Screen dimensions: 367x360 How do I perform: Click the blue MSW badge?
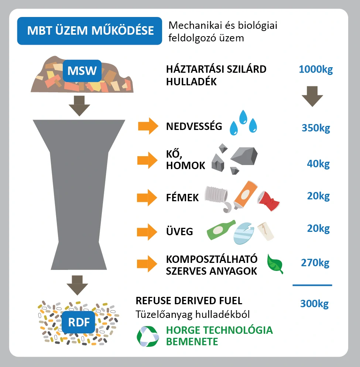pos(82,71)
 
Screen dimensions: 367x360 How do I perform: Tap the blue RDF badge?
pos(79,322)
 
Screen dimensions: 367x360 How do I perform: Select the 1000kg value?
pos(316,69)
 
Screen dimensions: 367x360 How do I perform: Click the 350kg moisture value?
pos(316,128)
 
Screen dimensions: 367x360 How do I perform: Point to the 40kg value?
pos(318,164)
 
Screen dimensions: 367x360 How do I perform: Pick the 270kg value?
pos(315,263)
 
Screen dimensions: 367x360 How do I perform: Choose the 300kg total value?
pos(314,304)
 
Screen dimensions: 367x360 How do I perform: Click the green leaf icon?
pos(275,263)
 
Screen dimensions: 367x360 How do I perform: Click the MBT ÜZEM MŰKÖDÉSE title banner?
pos(90,31)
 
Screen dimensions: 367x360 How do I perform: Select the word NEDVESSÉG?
pos(194,127)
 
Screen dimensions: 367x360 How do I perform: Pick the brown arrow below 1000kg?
pos(312,96)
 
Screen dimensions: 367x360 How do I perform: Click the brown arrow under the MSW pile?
pos(79,106)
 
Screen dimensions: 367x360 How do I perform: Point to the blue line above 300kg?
pos(312,285)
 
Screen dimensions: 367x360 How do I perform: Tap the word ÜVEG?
pos(179,231)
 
